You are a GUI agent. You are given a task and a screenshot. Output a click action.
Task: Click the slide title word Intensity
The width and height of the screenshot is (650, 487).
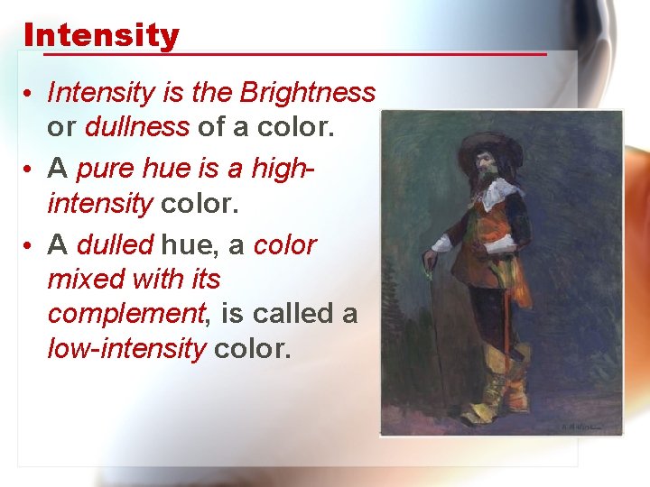(x=101, y=36)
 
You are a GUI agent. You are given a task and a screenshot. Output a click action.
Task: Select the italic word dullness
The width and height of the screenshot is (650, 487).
(x=136, y=127)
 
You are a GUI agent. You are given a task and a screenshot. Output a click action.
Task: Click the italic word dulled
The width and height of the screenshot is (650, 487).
(x=116, y=245)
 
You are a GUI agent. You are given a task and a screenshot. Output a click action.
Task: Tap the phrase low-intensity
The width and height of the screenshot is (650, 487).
(x=126, y=348)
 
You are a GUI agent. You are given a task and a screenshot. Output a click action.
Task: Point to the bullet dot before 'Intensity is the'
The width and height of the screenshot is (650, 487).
(x=30, y=94)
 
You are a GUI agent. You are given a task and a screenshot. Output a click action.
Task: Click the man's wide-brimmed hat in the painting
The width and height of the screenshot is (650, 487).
(x=490, y=149)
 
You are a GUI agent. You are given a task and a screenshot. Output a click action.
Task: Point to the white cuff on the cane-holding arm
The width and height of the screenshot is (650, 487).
(x=441, y=244)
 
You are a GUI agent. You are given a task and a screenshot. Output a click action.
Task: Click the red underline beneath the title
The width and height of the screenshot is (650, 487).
(x=285, y=54)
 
